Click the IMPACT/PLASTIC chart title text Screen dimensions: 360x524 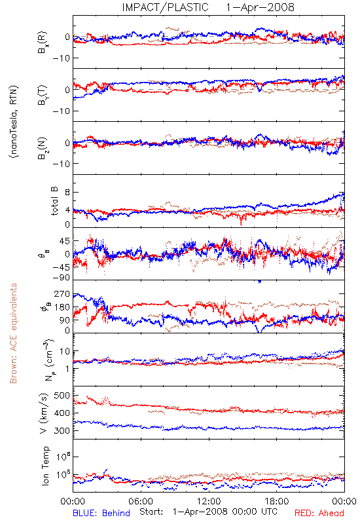click(x=166, y=7)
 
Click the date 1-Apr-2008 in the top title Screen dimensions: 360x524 click(x=260, y=7)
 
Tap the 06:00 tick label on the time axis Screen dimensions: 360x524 click(x=141, y=501)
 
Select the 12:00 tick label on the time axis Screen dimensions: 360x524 click(x=209, y=501)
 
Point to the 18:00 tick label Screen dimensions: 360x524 click(x=277, y=501)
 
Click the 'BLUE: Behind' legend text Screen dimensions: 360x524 click(x=101, y=513)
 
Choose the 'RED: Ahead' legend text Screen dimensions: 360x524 click(x=319, y=513)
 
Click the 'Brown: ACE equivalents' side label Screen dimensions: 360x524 click(x=13, y=333)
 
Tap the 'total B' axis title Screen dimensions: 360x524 click(x=54, y=201)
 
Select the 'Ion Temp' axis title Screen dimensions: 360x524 click(x=45, y=466)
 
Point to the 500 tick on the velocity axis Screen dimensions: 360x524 click(x=62, y=396)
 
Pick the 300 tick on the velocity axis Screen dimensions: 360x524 click(x=62, y=431)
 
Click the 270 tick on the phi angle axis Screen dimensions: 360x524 click(x=62, y=293)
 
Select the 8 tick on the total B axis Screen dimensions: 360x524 click(x=67, y=193)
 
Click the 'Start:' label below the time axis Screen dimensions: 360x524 click(x=152, y=512)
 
